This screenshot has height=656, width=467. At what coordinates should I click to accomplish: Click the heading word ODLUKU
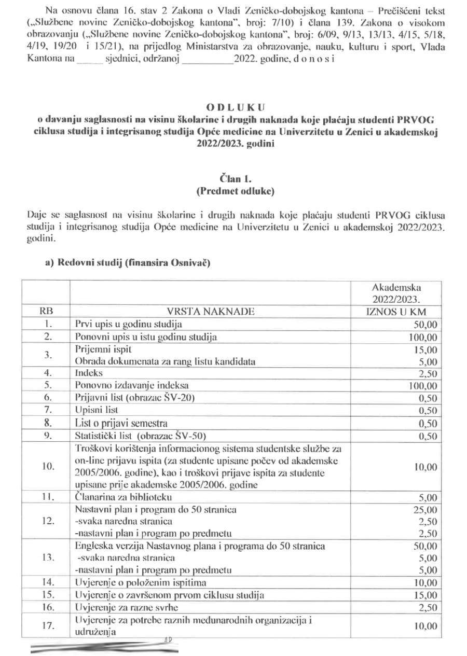235,108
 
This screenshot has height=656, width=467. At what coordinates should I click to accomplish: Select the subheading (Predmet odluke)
235,191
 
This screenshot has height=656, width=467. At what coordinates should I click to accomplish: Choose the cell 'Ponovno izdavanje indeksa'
130,386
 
